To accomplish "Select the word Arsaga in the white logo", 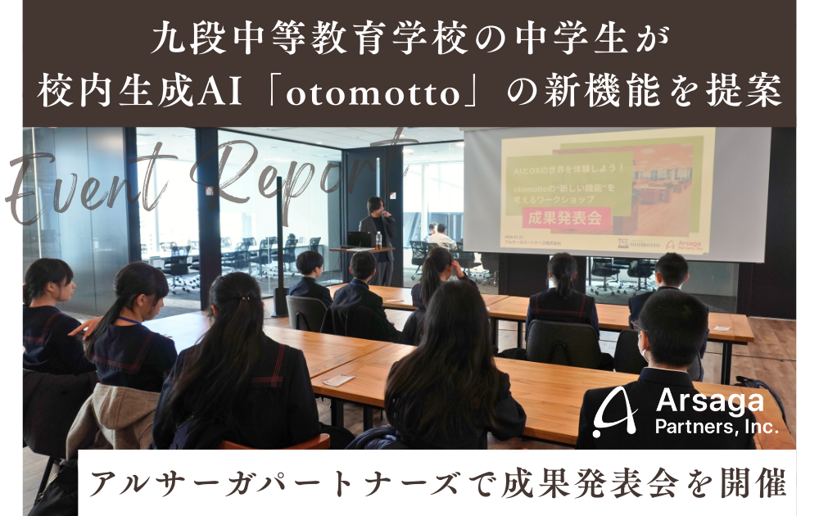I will tap(709, 402).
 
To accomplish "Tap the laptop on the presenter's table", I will tap(358, 239).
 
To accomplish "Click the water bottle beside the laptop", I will tap(378, 239).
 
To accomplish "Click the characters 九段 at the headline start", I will tap(179, 39).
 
